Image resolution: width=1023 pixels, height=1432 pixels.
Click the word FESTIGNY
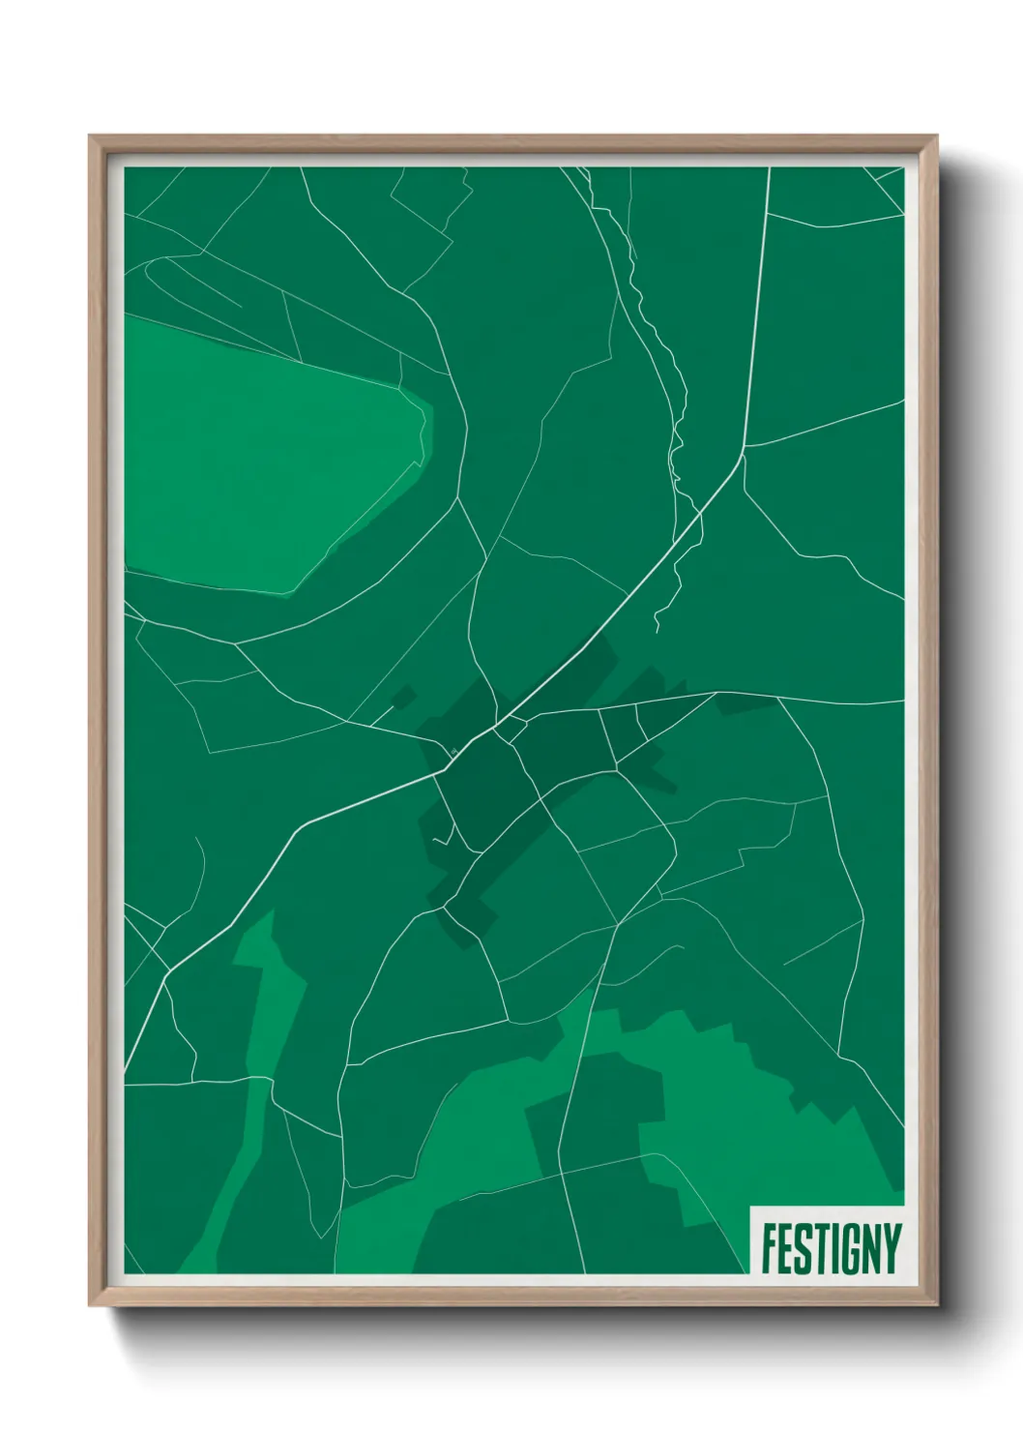[831, 1248]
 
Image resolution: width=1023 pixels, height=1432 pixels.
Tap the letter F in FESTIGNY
[769, 1248]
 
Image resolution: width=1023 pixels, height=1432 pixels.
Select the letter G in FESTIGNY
[845, 1248]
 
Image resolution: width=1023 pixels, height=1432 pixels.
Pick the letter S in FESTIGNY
[801, 1248]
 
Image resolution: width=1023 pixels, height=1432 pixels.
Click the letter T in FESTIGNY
[817, 1248]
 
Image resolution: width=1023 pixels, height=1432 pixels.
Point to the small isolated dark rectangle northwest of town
[403, 698]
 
